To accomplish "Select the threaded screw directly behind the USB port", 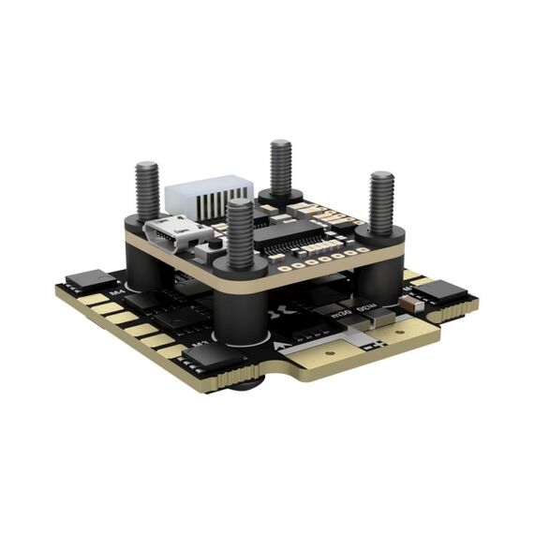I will coord(147,191).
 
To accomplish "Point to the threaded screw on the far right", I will coord(381,203).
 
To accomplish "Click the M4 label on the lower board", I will coord(118,293).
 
